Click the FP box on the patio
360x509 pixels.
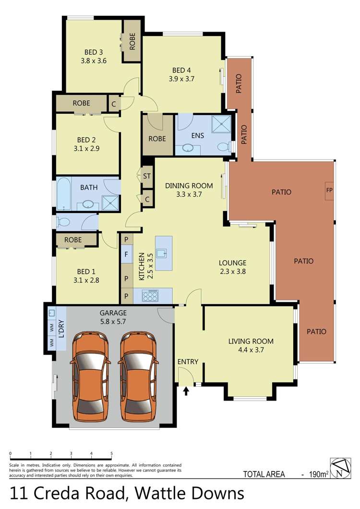pos(329,190)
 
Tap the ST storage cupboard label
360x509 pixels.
pos(147,176)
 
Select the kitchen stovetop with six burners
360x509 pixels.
pos(150,296)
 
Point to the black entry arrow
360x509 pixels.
pos(186,391)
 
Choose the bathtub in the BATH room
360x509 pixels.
pos(64,193)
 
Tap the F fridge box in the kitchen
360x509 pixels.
pos(127,254)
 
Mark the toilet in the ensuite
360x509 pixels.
pos(224,147)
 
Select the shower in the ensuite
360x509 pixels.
pos(221,124)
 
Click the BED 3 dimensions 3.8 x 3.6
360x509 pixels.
pos(94,61)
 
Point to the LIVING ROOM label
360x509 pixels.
pos(251,341)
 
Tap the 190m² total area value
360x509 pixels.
pos(318,474)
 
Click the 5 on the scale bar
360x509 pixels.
pos(111,453)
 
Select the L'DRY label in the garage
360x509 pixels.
pos(61,329)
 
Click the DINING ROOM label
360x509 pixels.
pos(189,186)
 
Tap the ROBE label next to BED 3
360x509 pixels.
pos(132,42)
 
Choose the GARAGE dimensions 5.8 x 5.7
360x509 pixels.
pos(113,322)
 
